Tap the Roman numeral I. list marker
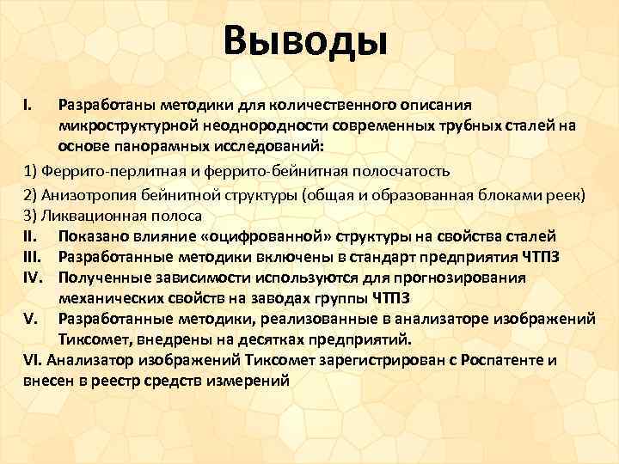(x=28, y=106)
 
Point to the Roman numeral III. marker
(x=34, y=257)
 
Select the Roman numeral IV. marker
(x=34, y=278)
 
